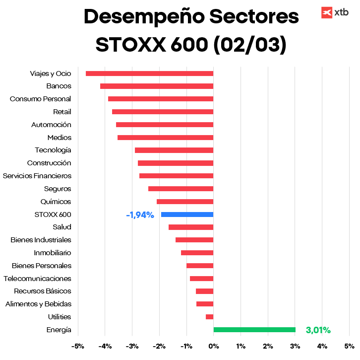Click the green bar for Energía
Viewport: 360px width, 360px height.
coord(254,330)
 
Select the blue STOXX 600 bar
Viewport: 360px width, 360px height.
coord(187,215)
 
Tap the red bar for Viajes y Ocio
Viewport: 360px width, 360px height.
coord(149,73)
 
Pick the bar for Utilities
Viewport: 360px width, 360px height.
coord(210,317)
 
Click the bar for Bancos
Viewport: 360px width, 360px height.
coord(157,86)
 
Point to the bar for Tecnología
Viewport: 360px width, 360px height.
coord(174,150)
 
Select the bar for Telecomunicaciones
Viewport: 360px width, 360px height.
coord(201,279)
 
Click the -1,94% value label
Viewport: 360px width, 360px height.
coord(140,215)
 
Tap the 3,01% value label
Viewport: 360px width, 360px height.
coord(318,330)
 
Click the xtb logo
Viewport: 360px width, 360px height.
coord(334,13)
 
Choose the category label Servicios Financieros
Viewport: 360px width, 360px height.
coord(37,176)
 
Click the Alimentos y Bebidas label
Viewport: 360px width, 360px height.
coord(38,304)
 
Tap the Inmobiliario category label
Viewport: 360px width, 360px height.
coord(53,253)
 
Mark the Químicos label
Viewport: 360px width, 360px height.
coord(56,202)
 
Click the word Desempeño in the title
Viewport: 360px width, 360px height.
coord(140,17)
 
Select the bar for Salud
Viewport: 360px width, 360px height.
coord(191,227)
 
